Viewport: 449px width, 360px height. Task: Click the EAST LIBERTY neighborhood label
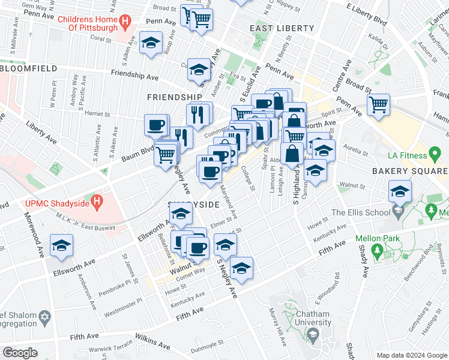coord(282,28)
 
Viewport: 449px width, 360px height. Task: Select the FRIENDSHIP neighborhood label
coord(175,97)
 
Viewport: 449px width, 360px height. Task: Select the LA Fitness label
coord(410,155)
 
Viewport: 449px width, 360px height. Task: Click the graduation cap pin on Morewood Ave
coord(61,247)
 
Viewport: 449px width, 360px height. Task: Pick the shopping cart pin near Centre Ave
coord(378,105)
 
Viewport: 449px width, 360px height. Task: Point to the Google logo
coord(20,353)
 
